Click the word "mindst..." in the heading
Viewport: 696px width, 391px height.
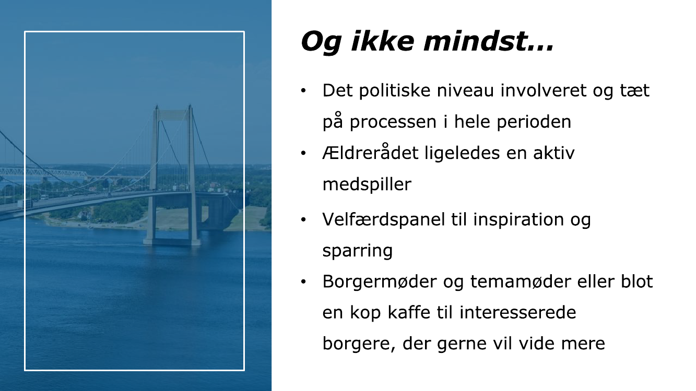tap(489, 41)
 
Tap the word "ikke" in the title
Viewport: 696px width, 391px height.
tap(383, 41)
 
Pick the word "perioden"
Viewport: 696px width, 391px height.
tap(534, 121)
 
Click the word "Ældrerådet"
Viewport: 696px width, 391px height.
tap(370, 152)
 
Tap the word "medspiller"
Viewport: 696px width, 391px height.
tap(367, 185)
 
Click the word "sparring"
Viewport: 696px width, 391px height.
tap(358, 251)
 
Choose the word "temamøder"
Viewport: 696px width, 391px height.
tap(521, 282)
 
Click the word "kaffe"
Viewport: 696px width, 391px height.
tap(409, 312)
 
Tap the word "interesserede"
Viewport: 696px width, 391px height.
tap(517, 312)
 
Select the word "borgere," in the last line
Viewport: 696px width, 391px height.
tap(359, 344)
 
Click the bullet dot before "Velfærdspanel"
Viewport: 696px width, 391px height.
tap(303, 219)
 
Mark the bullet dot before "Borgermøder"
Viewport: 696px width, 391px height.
tap(303, 282)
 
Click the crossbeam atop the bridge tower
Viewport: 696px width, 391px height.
tap(173, 115)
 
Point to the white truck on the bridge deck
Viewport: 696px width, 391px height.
tap(44, 198)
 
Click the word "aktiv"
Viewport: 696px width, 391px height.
tap(554, 152)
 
